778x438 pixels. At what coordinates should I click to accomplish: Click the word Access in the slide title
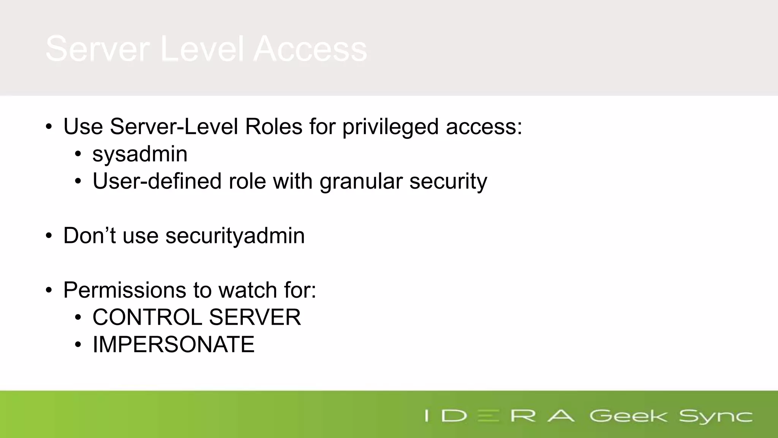click(x=310, y=49)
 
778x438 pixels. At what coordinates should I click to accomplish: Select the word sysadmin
click(x=140, y=154)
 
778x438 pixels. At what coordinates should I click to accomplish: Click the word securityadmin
click(x=235, y=236)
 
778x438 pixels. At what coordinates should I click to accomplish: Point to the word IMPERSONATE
click(x=173, y=344)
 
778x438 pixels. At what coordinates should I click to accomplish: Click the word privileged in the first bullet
click(x=391, y=127)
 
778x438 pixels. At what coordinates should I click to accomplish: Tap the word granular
click(x=361, y=181)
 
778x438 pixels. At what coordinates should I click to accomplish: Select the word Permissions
click(x=125, y=290)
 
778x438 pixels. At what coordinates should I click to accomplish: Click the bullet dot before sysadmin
click(x=78, y=154)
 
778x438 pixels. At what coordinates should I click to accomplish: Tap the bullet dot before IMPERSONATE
click(x=78, y=345)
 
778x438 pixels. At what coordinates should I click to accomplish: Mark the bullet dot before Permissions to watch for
click(x=49, y=290)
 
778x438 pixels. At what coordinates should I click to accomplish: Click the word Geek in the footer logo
click(x=628, y=416)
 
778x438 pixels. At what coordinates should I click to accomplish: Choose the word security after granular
click(x=448, y=181)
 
